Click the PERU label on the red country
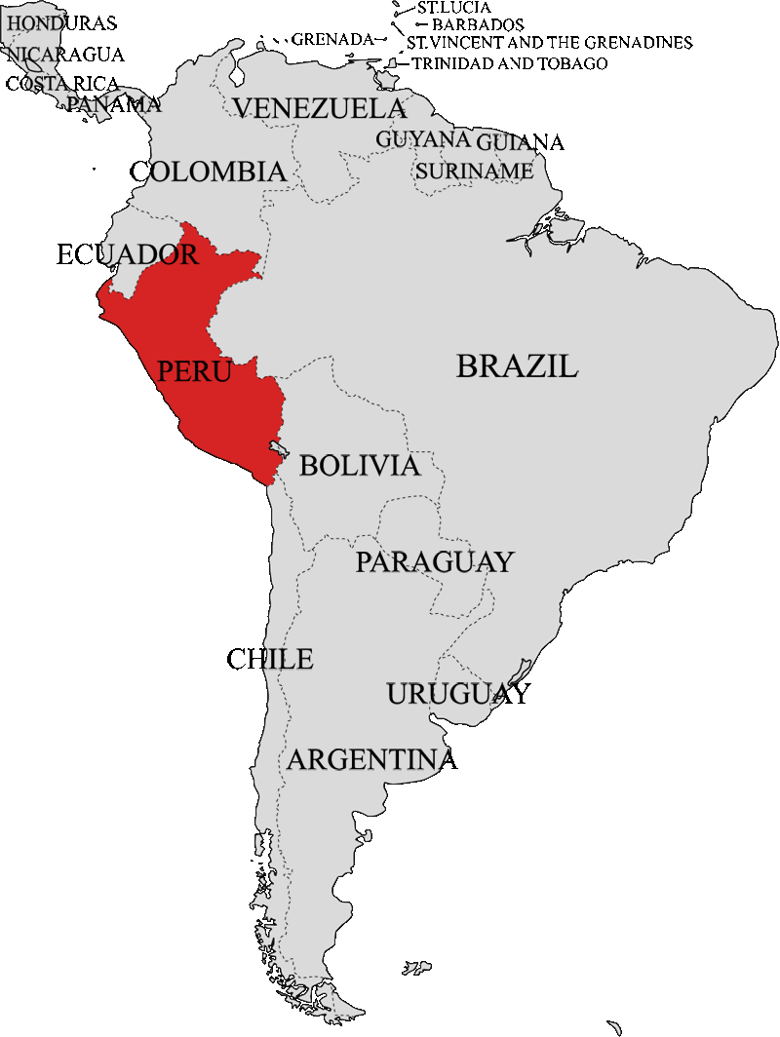[x=194, y=371]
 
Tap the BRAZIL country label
[x=517, y=366]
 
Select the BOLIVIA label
[x=360, y=466]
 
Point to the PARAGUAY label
[x=434, y=562]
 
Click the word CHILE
[x=270, y=660]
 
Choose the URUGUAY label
[x=458, y=695]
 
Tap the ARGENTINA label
[x=371, y=759]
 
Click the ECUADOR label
[x=128, y=255]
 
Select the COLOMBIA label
[x=209, y=173]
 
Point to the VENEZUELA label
[x=319, y=108]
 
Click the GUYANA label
[x=423, y=139]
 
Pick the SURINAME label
[x=474, y=172]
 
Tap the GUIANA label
[x=520, y=142]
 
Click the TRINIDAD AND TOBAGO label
[x=509, y=63]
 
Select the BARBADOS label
[x=478, y=24]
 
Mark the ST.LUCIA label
[x=453, y=8]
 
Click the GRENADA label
[x=332, y=39]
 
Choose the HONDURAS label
[x=60, y=22]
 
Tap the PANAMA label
[x=114, y=104]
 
